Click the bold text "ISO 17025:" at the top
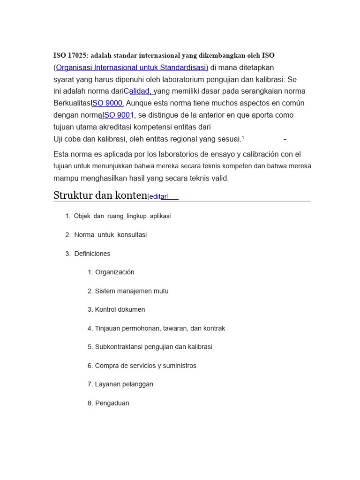click(71, 55)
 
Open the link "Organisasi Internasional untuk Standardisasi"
click(132, 67)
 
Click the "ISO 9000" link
click(107, 103)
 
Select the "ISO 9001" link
click(118, 115)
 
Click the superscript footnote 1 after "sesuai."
click(243, 138)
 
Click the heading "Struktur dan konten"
click(100, 195)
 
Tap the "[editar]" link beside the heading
click(158, 197)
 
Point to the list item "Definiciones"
click(92, 254)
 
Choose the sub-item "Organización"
click(114, 272)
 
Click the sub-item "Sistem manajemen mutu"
click(131, 291)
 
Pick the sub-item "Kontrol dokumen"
click(120, 309)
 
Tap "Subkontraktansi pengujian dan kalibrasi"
click(153, 347)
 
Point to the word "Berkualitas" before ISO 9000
click(72, 103)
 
